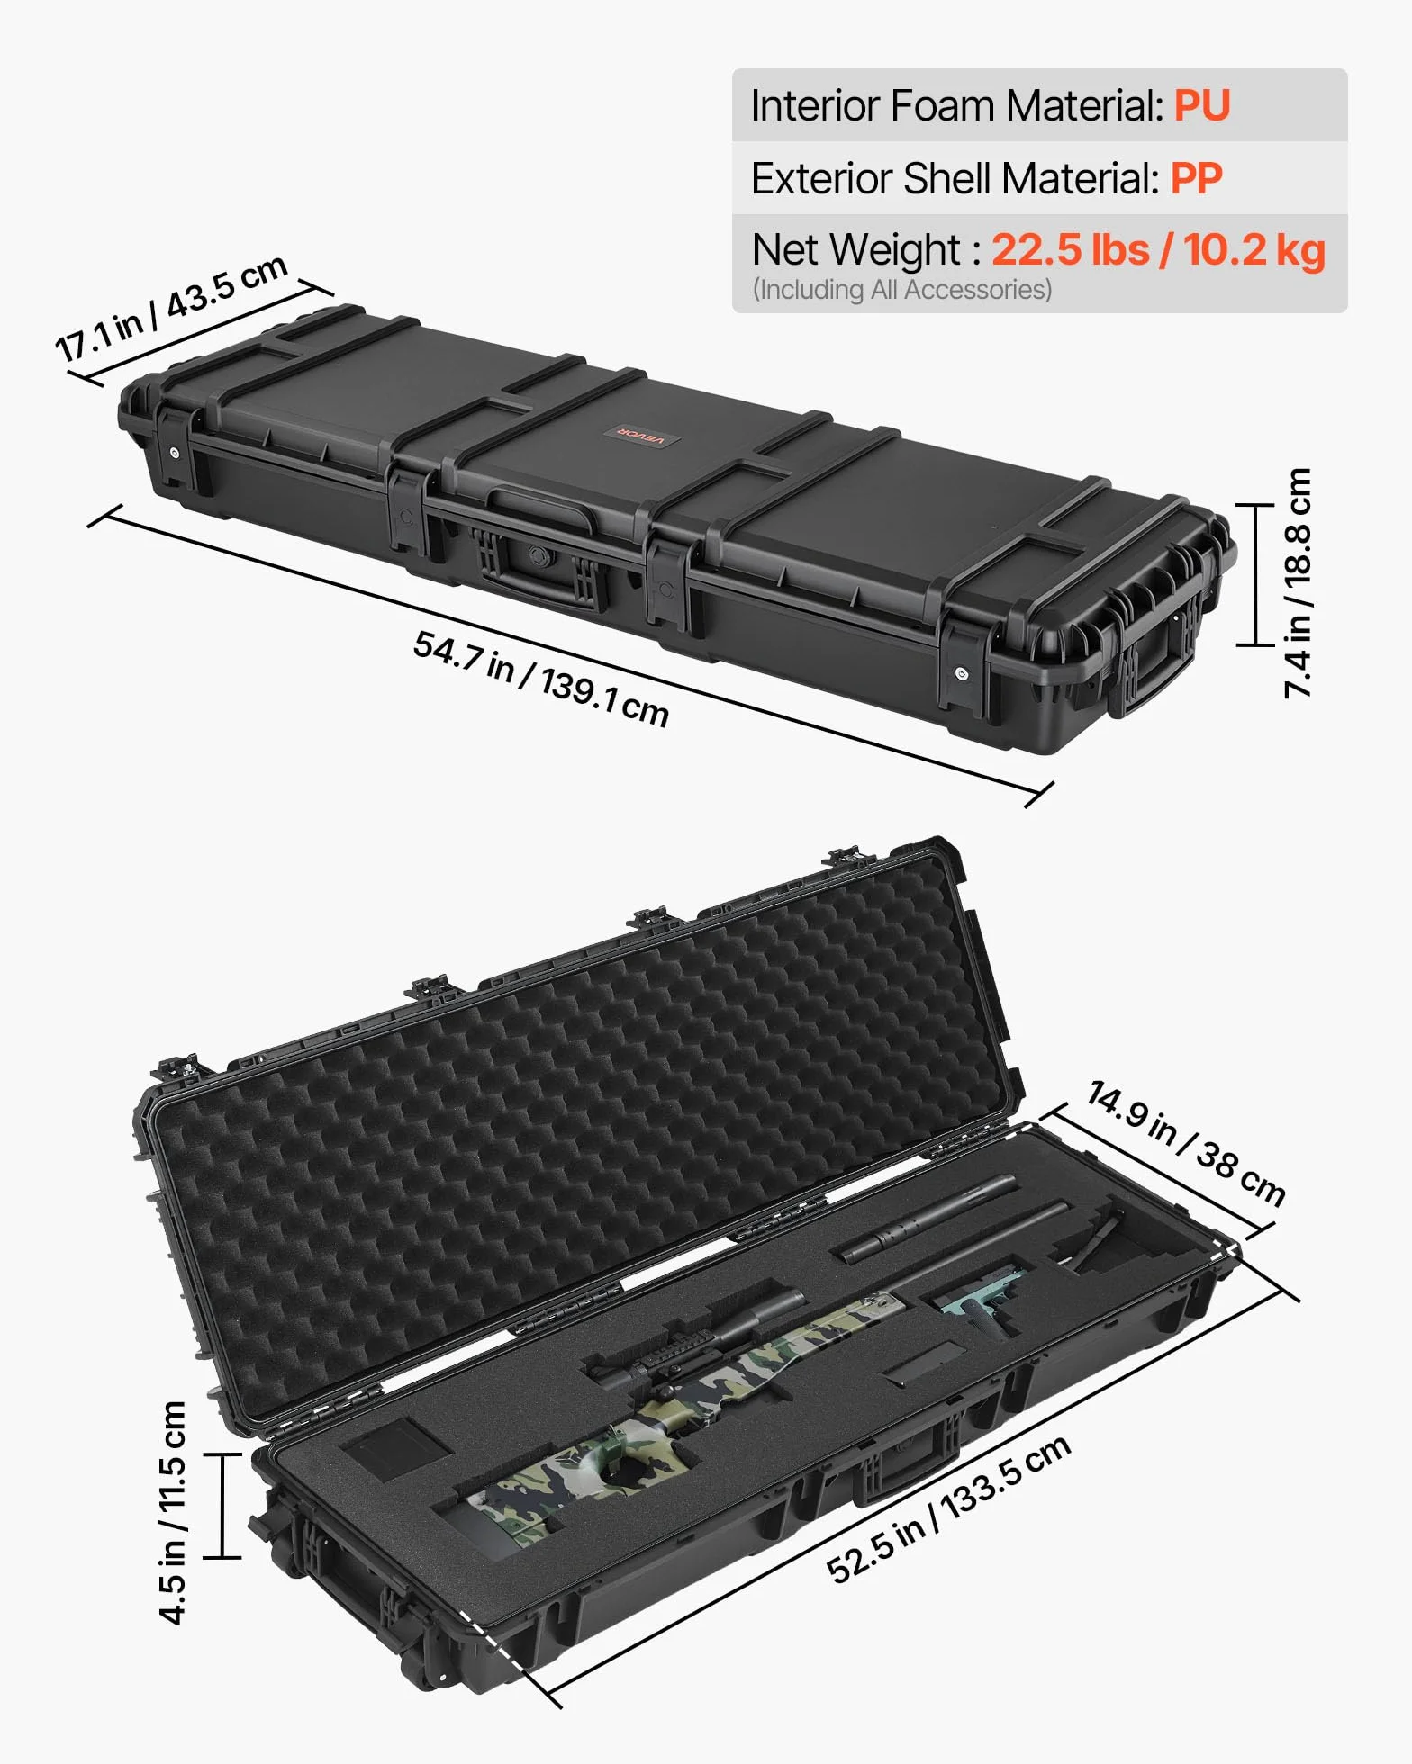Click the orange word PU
1201,106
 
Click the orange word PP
1196,178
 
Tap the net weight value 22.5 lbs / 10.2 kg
1158,250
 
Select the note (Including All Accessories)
902,290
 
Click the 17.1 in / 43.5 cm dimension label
171,308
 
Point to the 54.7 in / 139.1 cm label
541,678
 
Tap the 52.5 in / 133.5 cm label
948,1507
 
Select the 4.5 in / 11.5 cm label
172,1512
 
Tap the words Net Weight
856,250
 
